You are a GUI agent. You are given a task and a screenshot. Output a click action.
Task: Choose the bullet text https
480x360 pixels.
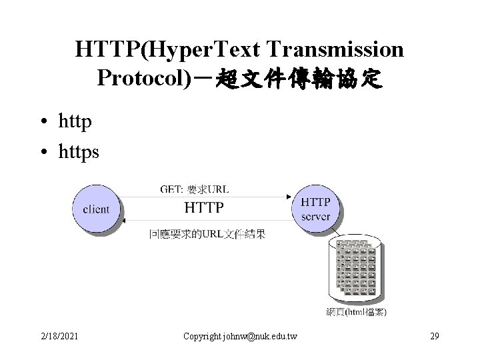click(x=79, y=151)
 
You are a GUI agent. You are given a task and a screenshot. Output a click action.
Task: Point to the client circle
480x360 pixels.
click(x=96, y=209)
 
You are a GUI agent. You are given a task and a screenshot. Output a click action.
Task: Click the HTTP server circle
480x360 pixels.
click(x=315, y=208)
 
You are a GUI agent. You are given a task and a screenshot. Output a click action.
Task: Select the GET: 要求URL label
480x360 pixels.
click(x=194, y=189)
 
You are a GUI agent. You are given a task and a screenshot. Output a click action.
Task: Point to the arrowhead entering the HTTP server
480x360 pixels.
click(x=288, y=197)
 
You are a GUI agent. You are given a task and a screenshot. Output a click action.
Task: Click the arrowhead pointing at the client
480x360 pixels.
click(x=123, y=220)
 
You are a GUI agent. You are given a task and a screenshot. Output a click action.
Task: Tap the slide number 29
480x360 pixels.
click(x=435, y=335)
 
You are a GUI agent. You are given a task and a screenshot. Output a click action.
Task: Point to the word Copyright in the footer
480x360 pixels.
click(x=202, y=335)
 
